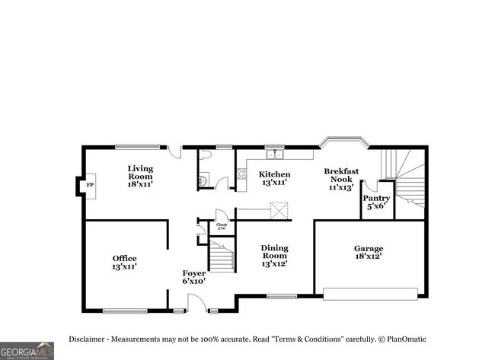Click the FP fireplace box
pyautogui.click(x=89, y=185)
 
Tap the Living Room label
pyautogui.click(x=140, y=176)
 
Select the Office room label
pyautogui.click(x=124, y=263)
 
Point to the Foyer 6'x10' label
pyautogui.click(x=193, y=276)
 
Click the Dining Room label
pyautogui.click(x=274, y=256)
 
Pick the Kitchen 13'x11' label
pyautogui.click(x=274, y=178)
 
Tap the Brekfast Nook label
pyautogui.click(x=341, y=179)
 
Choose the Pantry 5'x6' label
pyautogui.click(x=376, y=202)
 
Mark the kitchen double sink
pyautogui.click(x=274, y=155)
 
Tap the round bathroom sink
pyautogui.click(x=203, y=180)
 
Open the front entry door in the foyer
pyautogui.click(x=196, y=304)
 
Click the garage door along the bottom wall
pyautogui.click(x=371, y=293)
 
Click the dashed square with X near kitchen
pyautogui.click(x=282, y=211)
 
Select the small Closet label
pyautogui.click(x=222, y=225)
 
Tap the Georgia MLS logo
pyautogui.click(x=27, y=350)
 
